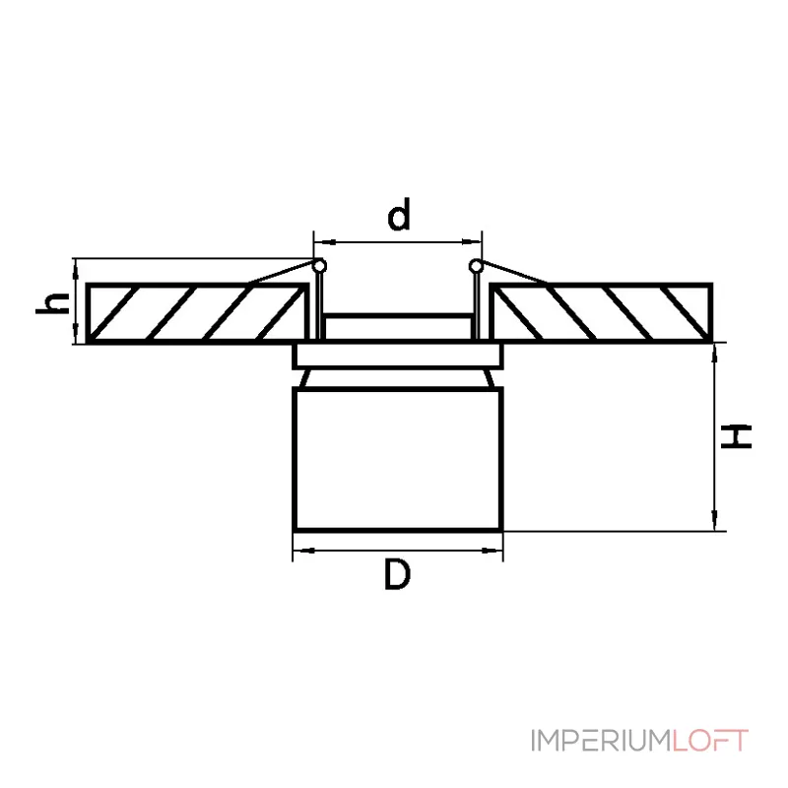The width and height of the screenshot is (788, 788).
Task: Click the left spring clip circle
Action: [x=318, y=266]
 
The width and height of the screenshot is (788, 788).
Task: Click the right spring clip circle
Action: [x=476, y=266]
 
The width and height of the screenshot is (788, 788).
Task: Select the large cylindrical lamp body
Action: [x=398, y=458]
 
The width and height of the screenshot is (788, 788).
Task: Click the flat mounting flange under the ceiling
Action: [x=398, y=356]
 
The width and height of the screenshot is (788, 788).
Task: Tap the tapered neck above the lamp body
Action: [x=398, y=378]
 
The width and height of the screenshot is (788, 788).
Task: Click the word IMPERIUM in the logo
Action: [x=601, y=740]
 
